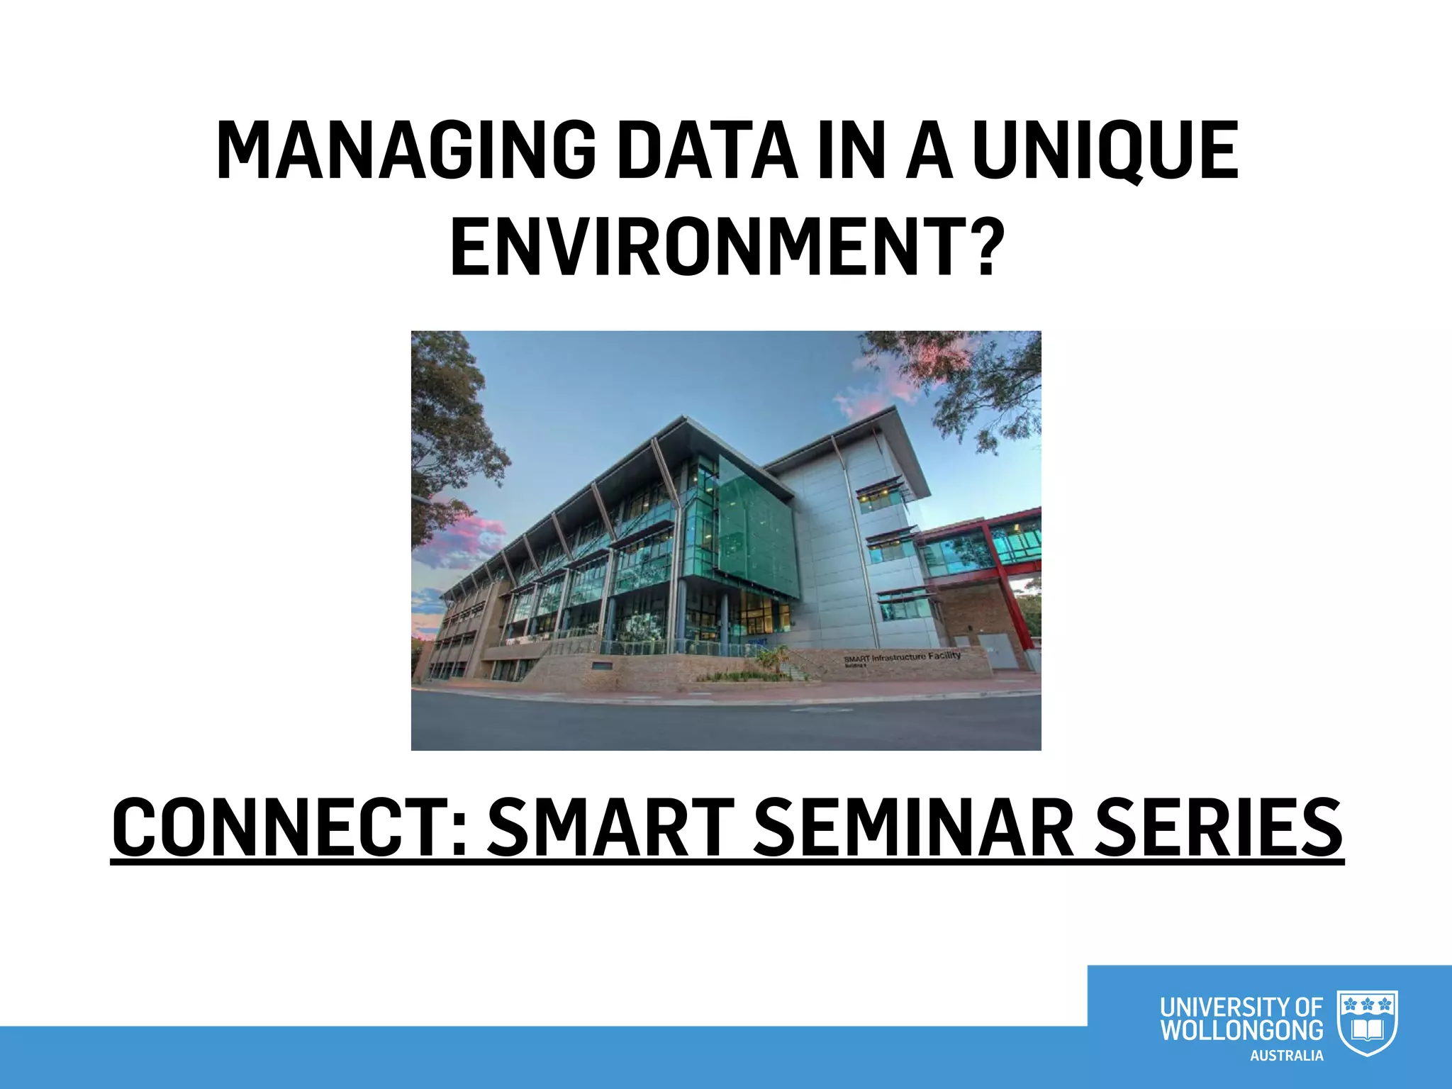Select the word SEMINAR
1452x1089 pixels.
(x=914, y=827)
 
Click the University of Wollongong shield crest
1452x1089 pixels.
(x=1366, y=1023)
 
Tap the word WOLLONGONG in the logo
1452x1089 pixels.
(x=1241, y=1030)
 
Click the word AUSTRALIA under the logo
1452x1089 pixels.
(x=1286, y=1056)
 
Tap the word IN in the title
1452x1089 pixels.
(x=851, y=150)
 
